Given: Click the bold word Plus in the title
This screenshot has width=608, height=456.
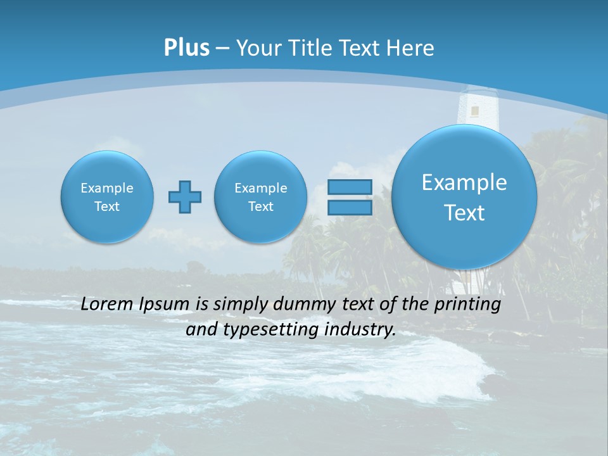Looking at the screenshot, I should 186,48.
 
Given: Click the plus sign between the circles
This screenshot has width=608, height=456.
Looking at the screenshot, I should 185,197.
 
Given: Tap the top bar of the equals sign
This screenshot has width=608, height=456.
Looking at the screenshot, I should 349,187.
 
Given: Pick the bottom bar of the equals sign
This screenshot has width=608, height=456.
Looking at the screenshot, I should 349,208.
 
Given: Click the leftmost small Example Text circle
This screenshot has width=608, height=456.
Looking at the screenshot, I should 107,197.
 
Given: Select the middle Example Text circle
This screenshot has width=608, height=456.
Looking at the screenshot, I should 261,197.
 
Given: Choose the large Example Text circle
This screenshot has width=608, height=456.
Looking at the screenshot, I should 464,197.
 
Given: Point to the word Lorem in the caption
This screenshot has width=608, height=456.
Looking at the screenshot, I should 107,305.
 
